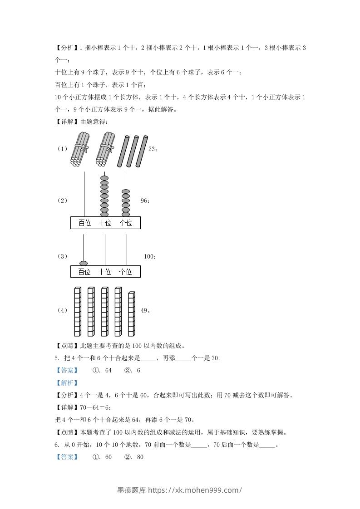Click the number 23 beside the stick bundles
click(152, 148)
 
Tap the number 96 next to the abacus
click(144, 201)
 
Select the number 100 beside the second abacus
click(149, 257)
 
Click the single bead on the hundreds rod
click(84, 263)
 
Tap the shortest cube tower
click(131, 313)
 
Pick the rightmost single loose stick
click(142, 151)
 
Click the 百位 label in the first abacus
click(84, 223)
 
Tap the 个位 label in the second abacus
click(125, 272)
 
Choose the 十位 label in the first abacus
click(105, 223)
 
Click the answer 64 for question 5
click(108, 371)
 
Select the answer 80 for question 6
click(140, 457)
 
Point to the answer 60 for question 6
click(108, 457)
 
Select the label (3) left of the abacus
click(62, 257)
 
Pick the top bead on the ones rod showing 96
click(126, 192)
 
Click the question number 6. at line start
click(56, 445)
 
